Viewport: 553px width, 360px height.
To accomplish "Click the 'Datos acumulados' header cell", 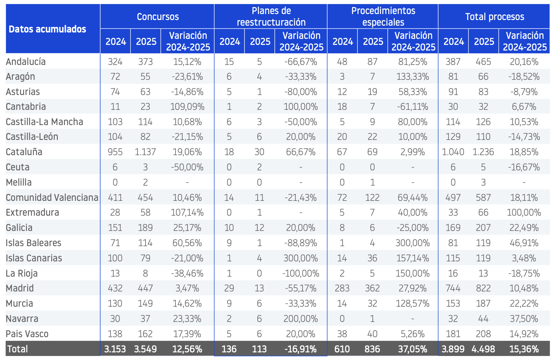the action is coord(47,29).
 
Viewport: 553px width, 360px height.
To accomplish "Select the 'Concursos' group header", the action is coord(158,16).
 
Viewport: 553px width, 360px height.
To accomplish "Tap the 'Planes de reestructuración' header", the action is coord(271,16).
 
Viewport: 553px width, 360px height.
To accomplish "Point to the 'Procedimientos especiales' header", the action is coord(383,16).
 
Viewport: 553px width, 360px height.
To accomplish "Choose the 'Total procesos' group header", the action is coord(494,16).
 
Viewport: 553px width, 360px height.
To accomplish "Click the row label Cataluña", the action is coord(24,152).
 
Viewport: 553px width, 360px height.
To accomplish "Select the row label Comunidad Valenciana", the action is coord(52,198).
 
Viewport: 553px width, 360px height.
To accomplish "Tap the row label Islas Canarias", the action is coord(34,258).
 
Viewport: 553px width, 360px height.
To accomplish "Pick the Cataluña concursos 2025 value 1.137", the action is coord(145,152).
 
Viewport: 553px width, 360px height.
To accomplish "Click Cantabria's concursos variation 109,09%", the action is coord(187,107).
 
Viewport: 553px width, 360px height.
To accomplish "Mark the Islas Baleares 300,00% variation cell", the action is coord(412,243).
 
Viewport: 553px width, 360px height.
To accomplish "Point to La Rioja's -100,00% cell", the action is coord(301,273).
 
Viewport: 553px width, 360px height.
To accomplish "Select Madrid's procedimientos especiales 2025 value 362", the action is coord(372,288).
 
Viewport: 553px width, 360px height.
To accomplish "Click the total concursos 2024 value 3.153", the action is coord(115,349).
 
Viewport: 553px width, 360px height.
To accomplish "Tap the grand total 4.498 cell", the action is coord(483,349).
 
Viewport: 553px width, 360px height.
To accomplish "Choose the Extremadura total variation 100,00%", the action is coord(524,212).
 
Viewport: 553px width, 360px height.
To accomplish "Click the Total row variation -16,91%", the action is coord(301,349).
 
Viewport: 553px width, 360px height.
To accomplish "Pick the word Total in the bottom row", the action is coord(18,349).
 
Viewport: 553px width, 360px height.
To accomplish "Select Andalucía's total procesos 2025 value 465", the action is coord(483,62).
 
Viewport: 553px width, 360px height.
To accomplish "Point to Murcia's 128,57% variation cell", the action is coord(412,303).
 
